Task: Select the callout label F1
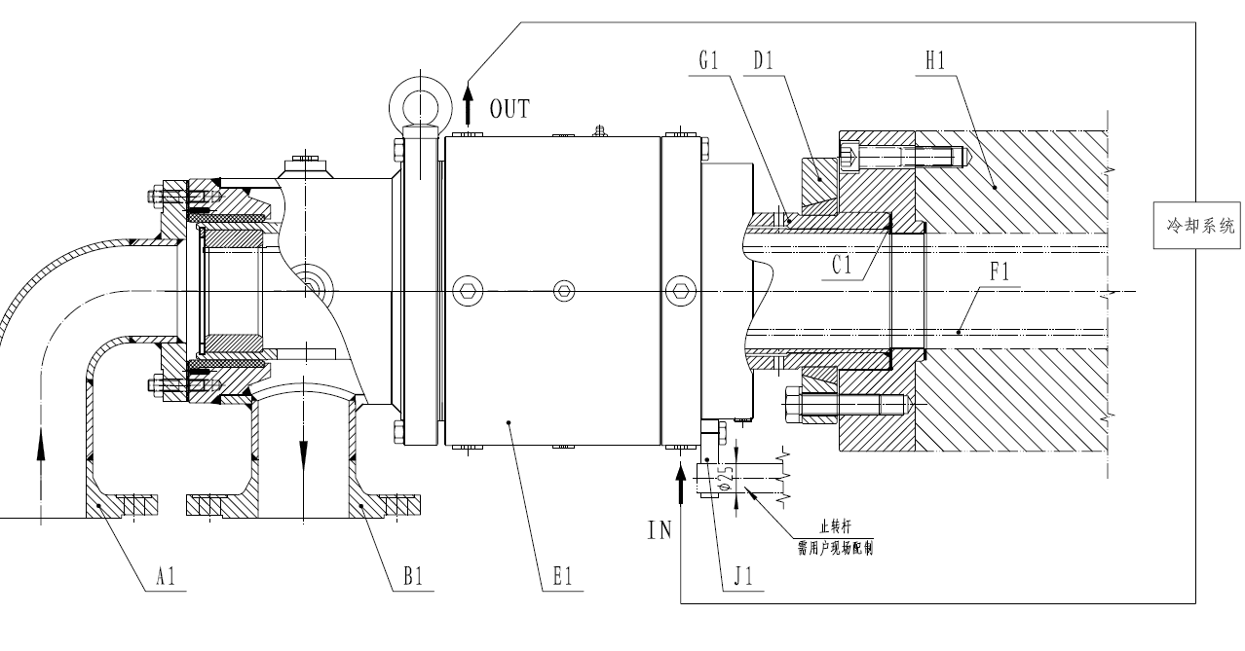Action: tap(1000, 273)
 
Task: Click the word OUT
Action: tap(509, 108)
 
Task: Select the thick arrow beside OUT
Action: tap(468, 100)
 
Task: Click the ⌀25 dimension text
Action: tap(723, 478)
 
